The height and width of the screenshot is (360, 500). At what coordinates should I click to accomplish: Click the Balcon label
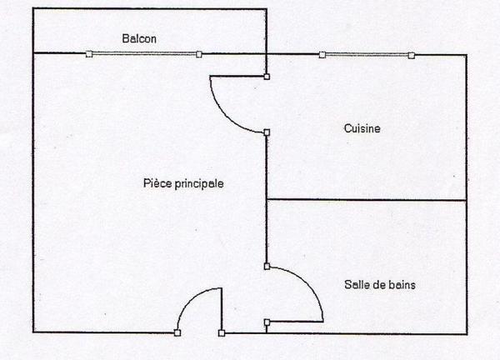click(139, 38)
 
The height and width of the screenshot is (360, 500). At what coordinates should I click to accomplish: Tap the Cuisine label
click(362, 128)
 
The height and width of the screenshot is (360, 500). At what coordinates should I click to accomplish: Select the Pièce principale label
click(183, 183)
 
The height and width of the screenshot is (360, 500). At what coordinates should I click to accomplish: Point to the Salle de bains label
click(380, 284)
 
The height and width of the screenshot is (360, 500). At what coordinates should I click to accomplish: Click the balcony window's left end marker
click(89, 54)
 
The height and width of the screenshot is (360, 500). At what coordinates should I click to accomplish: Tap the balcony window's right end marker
click(199, 54)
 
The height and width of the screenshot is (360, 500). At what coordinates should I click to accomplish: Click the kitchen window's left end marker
click(322, 55)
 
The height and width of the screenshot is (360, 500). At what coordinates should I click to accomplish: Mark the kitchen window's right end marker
click(412, 56)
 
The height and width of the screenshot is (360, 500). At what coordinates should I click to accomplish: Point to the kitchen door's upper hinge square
click(267, 77)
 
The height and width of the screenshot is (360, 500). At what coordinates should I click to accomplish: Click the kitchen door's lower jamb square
click(267, 132)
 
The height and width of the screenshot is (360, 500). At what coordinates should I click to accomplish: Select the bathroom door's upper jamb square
click(267, 267)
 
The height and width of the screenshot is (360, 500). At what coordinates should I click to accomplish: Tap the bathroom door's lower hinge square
click(267, 322)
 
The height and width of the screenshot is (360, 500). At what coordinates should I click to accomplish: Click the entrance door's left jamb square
click(177, 332)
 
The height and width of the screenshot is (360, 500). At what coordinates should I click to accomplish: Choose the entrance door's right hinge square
click(222, 333)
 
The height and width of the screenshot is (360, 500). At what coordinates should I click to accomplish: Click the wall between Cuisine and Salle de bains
click(367, 200)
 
